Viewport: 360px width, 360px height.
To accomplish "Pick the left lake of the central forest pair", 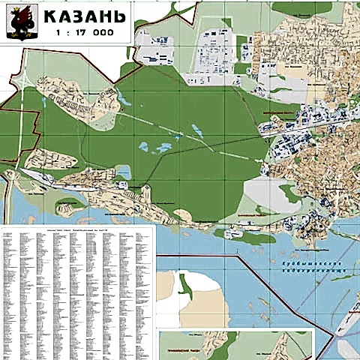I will [x=143, y=147].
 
